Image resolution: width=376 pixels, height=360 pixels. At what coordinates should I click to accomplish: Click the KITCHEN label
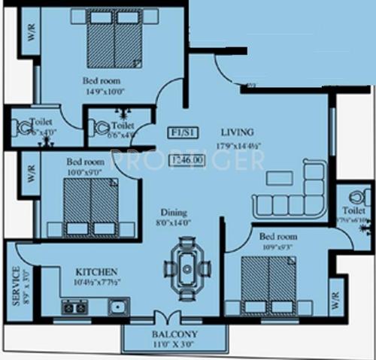(95, 271)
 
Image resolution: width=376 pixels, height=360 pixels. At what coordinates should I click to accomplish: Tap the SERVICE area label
(15, 286)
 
